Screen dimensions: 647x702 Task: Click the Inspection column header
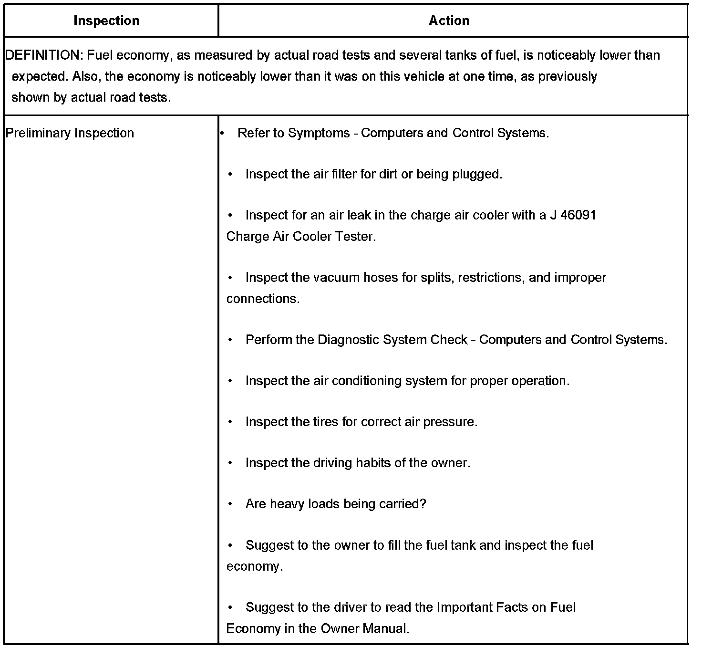point(106,21)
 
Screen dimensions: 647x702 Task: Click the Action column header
point(449,21)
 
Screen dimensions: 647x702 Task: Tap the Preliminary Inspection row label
point(70,133)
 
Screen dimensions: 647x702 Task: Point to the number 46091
point(578,215)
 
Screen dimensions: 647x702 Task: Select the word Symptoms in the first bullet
point(319,133)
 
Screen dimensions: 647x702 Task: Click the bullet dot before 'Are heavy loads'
point(230,504)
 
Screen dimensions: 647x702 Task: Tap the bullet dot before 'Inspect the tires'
point(230,422)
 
